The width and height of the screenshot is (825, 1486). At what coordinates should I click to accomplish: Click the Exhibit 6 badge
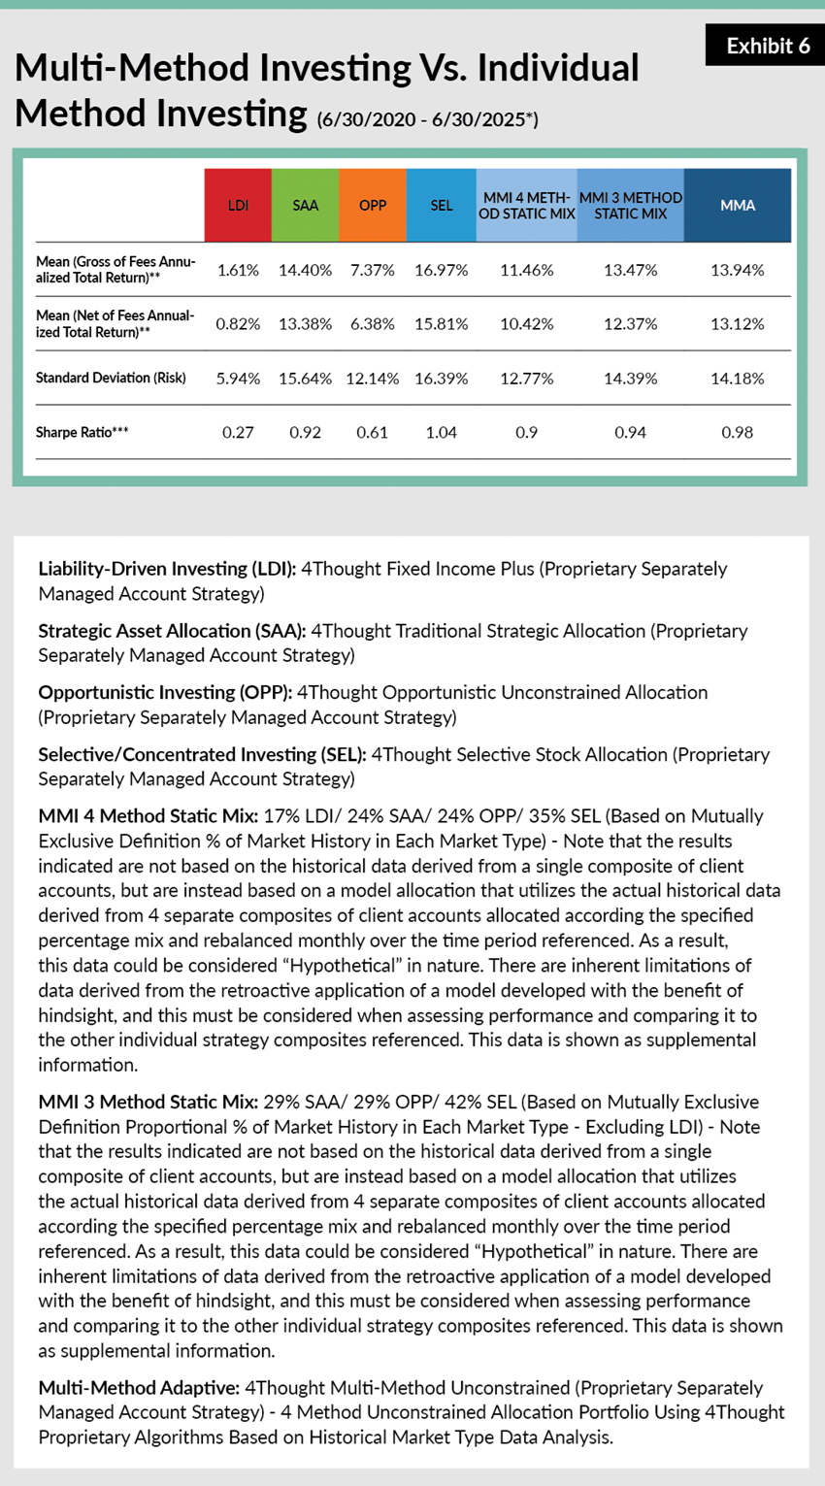(x=766, y=46)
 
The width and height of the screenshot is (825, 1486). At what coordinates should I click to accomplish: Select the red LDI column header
(x=238, y=205)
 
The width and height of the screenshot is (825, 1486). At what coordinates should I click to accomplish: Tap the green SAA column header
(x=306, y=205)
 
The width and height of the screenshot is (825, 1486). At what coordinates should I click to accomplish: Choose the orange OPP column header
(x=373, y=205)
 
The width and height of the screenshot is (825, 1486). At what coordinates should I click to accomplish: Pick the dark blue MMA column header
(x=738, y=205)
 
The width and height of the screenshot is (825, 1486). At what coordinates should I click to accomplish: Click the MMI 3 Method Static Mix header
(x=630, y=205)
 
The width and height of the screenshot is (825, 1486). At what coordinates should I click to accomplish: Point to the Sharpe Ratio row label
(x=82, y=432)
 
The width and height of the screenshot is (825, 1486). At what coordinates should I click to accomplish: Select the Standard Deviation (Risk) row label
(x=111, y=378)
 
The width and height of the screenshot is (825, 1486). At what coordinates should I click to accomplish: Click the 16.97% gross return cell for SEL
(x=441, y=270)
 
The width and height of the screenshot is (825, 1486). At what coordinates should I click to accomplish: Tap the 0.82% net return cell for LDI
(x=238, y=323)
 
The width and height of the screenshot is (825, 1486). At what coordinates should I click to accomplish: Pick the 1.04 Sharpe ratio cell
(x=441, y=432)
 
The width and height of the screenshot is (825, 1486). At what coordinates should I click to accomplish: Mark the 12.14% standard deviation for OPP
(x=373, y=378)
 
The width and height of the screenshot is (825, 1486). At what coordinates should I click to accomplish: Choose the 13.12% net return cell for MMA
(x=738, y=323)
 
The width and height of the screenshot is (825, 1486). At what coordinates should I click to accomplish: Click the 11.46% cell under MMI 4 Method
(x=526, y=270)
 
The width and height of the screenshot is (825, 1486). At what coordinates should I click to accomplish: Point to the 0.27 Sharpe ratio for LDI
(x=238, y=432)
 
